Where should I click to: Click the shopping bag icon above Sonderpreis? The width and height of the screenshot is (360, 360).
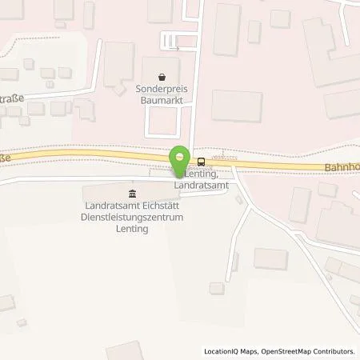162,78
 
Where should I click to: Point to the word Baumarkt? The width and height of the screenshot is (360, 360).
164,102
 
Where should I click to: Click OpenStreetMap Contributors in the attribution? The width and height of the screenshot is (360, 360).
309,351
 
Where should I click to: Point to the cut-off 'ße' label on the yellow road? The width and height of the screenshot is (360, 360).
5,158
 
